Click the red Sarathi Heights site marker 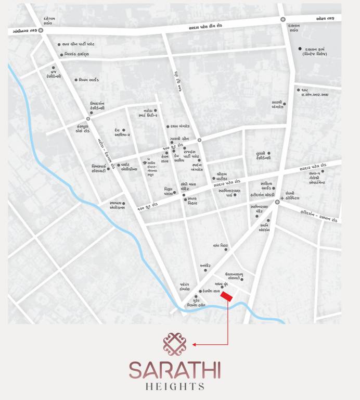pos(226,297)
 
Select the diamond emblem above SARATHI pos(172,342)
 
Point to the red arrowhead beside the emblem pos(194,344)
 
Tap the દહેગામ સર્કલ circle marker pos(40,31)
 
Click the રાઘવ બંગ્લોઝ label pos(181,126)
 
